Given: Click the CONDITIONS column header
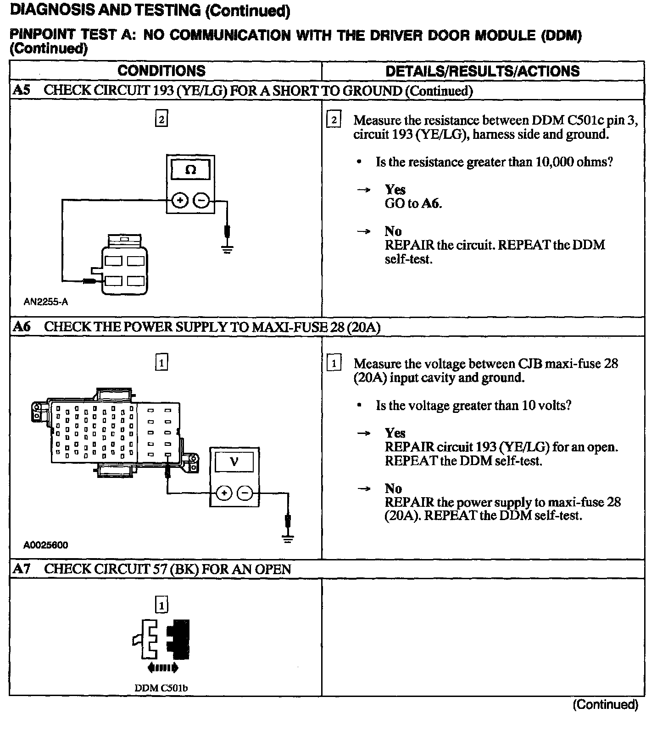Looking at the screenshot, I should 161,71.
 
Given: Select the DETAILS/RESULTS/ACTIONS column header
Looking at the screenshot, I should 482,71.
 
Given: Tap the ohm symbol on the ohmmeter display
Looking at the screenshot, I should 190,170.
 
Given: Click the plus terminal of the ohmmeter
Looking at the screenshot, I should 180,200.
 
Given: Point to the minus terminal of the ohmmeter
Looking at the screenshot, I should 201,200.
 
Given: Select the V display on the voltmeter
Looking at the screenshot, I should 234,461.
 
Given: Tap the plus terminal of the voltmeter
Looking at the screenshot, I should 224,493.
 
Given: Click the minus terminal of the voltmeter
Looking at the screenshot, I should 245,493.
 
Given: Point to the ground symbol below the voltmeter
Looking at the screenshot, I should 288,538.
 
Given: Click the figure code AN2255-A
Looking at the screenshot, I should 46,302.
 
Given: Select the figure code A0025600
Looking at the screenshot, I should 46,545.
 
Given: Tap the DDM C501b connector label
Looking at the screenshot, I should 161,688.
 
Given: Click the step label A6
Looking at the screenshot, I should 22,327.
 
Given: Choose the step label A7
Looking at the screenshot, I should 22,569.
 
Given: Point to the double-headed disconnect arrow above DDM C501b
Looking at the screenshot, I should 163,668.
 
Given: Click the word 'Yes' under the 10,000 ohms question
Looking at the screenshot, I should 395,190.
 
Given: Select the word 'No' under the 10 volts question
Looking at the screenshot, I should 393,488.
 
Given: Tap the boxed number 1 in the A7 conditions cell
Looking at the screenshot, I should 161,606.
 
